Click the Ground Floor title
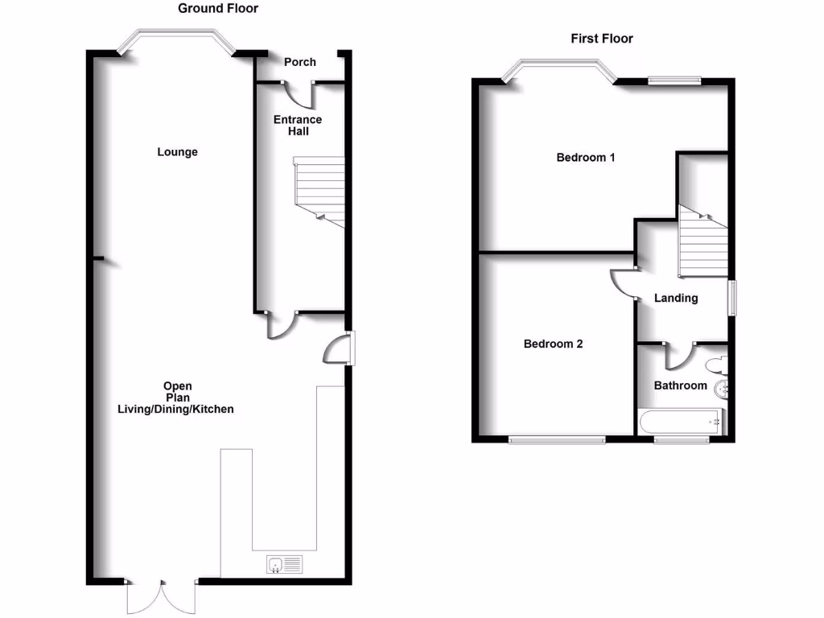click(217, 9)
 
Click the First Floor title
click(602, 38)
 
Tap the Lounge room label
click(178, 152)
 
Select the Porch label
click(300, 62)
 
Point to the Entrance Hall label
click(298, 126)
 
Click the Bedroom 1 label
click(586, 158)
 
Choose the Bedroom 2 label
click(553, 344)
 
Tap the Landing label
click(676, 298)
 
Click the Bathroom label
click(680, 385)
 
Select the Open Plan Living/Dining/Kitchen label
click(175, 398)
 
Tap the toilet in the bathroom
click(715, 367)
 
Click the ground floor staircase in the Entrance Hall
click(319, 191)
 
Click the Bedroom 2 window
click(558, 439)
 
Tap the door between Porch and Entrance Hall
click(304, 93)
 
